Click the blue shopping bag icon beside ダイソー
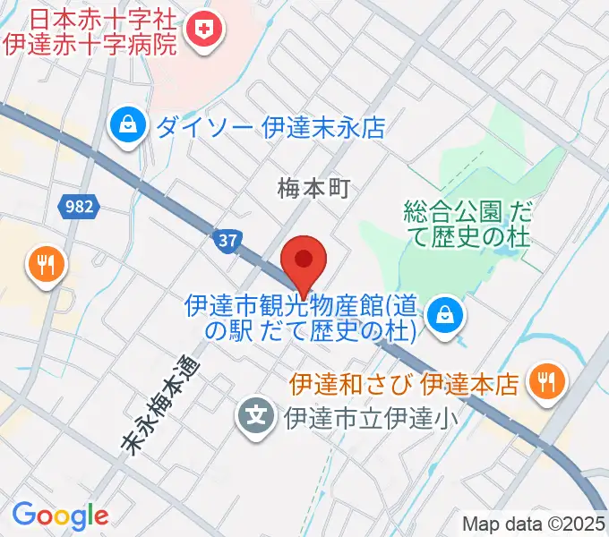(128, 124)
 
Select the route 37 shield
(227, 239)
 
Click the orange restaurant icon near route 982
(44, 264)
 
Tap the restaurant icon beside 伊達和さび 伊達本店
(544, 383)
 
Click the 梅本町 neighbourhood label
(311, 188)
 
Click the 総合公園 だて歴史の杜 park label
(466, 225)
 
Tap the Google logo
(60, 515)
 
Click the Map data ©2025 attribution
(534, 524)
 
